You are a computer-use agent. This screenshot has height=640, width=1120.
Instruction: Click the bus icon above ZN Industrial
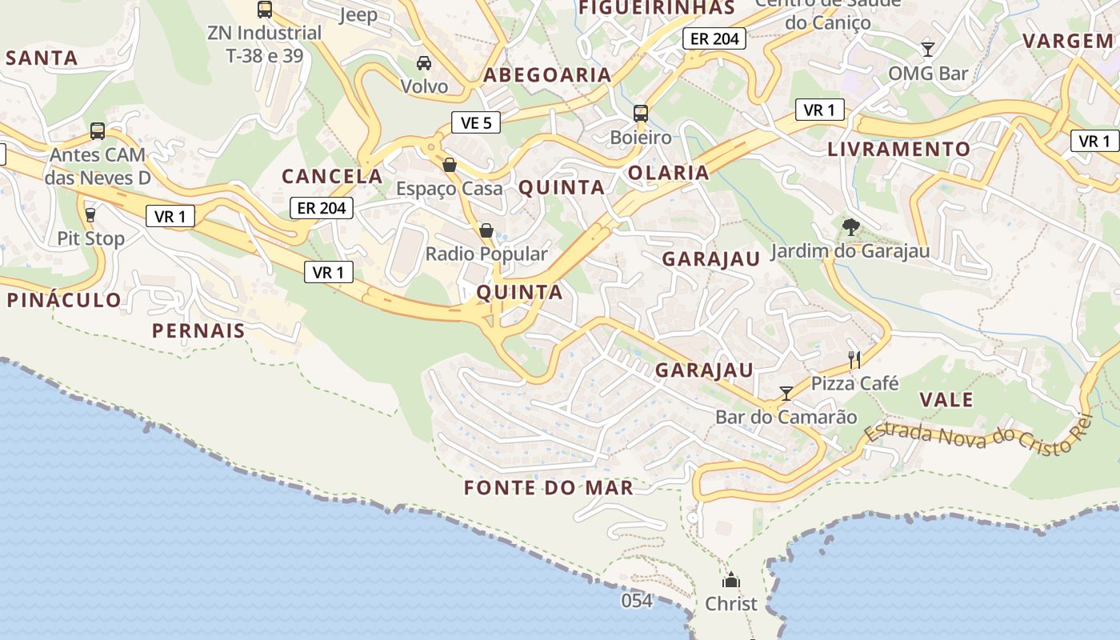point(264,10)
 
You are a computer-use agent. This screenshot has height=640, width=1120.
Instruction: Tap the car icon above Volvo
point(424,63)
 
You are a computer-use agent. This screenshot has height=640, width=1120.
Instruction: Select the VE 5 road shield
point(476,122)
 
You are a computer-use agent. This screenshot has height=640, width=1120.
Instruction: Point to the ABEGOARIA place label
point(547,75)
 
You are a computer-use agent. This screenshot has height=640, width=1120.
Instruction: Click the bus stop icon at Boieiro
point(641,113)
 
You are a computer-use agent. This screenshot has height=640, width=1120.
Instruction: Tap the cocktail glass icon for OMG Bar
point(928,50)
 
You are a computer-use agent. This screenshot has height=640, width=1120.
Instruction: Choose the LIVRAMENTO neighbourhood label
point(898,149)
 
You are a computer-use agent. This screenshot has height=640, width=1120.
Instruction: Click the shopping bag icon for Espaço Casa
point(450,165)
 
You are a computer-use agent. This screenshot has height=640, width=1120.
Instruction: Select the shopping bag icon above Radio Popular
point(486,230)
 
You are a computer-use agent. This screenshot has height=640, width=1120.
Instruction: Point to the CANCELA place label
point(332,176)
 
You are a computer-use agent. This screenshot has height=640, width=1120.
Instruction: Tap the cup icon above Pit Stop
point(90,214)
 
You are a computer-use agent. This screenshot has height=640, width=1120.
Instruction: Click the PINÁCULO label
point(64,300)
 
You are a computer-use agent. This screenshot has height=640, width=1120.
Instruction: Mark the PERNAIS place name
point(198,330)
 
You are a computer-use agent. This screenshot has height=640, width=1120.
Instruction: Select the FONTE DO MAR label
point(549,487)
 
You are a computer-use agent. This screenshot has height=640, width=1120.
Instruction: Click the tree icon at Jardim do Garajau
point(850,227)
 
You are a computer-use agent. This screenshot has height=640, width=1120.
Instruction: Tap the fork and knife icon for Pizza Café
point(854,359)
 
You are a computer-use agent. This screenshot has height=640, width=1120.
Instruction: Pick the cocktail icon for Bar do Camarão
point(786,393)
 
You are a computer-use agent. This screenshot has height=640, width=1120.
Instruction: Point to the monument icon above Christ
point(730,580)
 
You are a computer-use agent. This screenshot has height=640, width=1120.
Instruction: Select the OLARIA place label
point(669,173)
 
